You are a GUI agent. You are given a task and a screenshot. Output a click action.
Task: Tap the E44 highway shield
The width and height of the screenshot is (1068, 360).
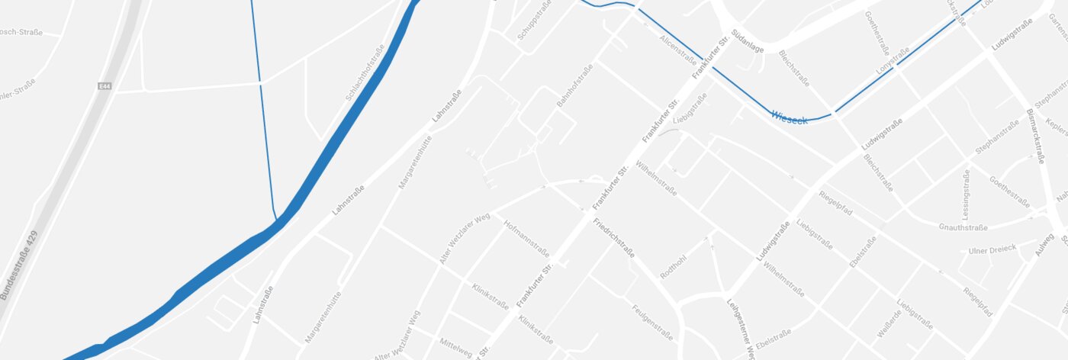[105, 87]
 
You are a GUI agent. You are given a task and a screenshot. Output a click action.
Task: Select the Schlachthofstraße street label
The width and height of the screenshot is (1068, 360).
[365, 73]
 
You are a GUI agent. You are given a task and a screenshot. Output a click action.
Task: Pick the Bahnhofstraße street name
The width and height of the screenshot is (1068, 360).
[575, 86]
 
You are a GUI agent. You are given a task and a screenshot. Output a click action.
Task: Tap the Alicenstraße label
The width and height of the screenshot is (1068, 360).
[678, 50]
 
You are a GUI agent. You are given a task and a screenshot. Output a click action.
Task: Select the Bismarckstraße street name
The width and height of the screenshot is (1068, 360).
[1034, 135]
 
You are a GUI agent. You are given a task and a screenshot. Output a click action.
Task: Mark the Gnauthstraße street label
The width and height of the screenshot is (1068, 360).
[963, 227]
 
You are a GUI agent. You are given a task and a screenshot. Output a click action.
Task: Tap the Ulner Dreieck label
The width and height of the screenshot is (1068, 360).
[992, 250]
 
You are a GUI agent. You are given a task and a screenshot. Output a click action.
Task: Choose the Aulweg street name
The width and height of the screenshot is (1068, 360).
[1045, 246]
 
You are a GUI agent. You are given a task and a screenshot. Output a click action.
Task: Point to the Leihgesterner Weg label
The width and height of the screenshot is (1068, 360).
[741, 327]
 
